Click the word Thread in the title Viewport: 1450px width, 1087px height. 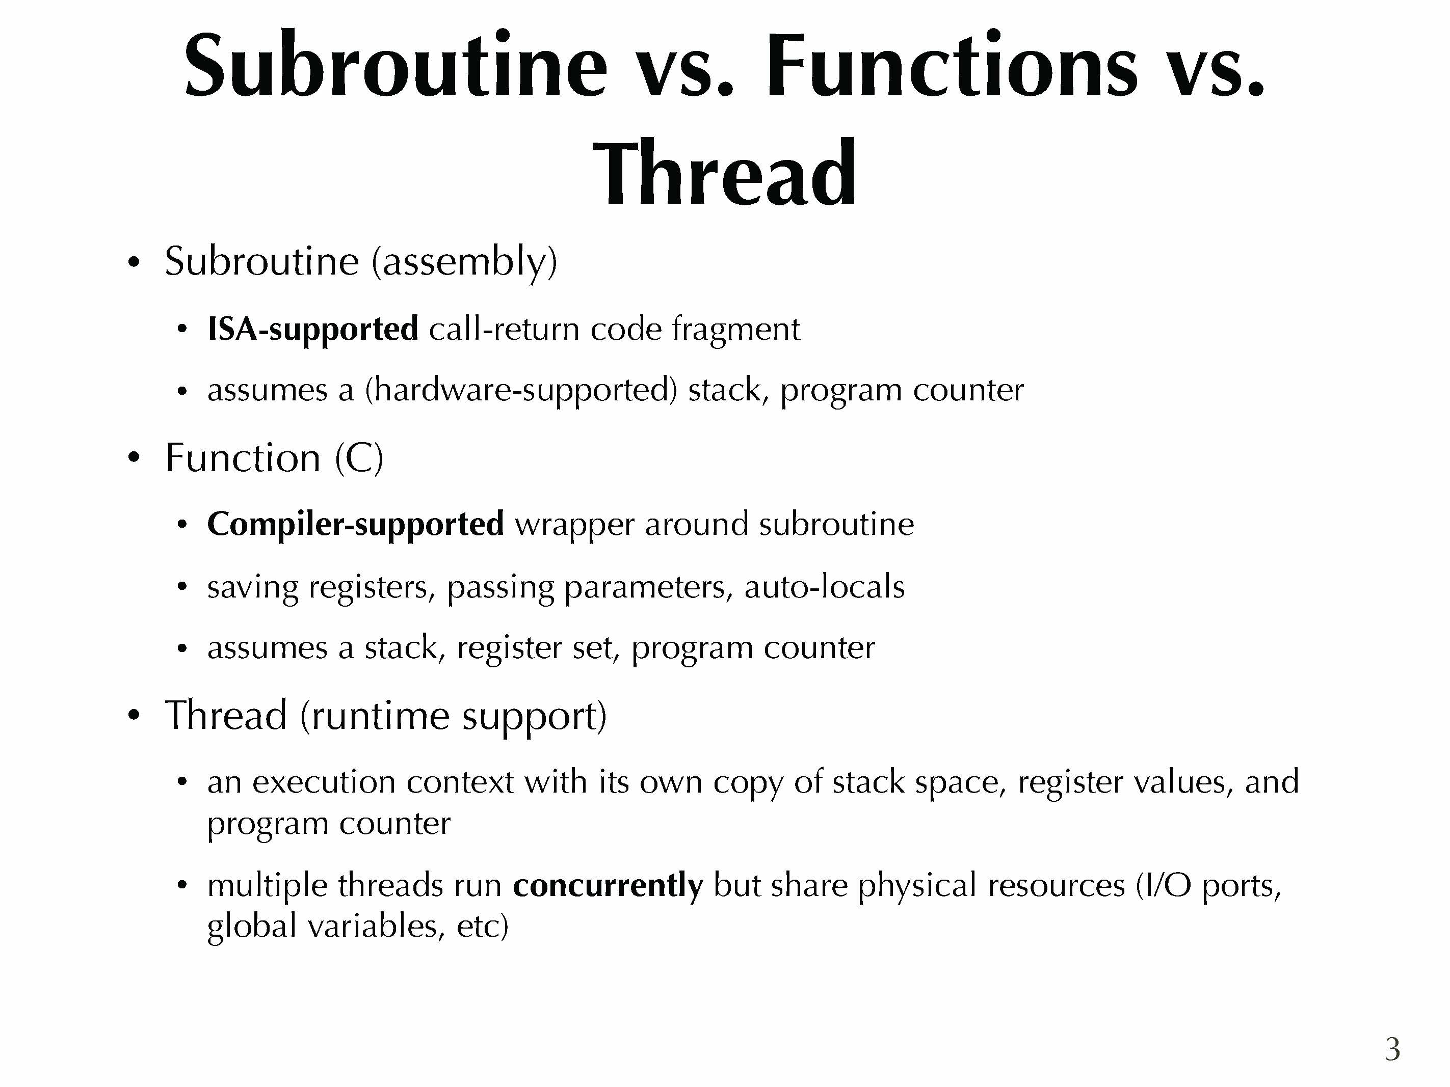[x=724, y=173]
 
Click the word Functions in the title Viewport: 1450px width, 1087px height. [x=951, y=66]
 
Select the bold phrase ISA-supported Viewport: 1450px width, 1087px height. [x=313, y=328]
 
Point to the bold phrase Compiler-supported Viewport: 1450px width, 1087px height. [x=355, y=524]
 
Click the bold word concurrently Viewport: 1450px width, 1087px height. [x=608, y=885]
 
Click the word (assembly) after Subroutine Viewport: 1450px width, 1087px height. [x=464, y=261]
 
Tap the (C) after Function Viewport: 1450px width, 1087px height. [x=359, y=457]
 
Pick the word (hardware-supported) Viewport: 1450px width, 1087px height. [x=520, y=391]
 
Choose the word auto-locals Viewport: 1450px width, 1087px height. [x=825, y=586]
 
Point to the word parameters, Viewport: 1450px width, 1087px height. [x=648, y=587]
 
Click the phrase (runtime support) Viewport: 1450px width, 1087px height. [x=454, y=716]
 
